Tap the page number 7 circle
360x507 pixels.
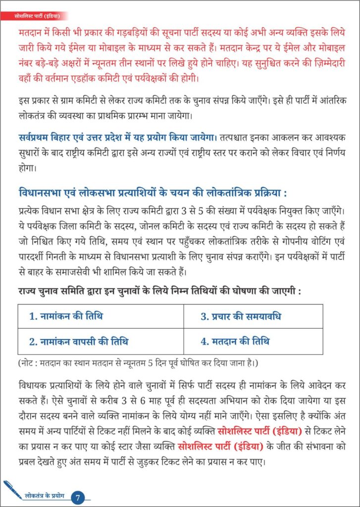click(x=78, y=497)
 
